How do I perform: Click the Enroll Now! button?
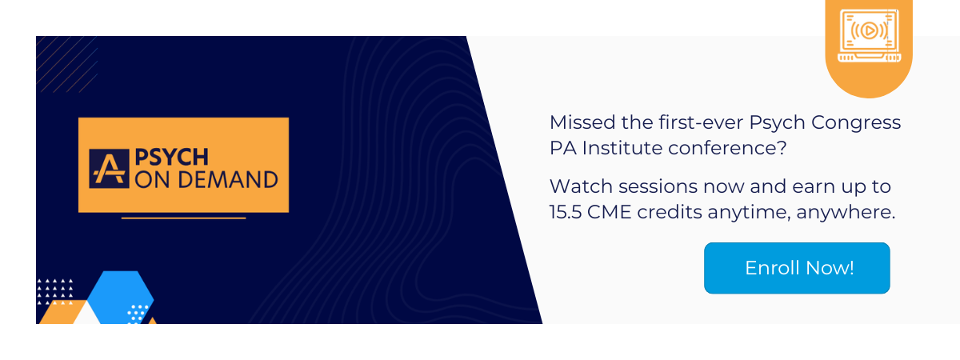point(797,268)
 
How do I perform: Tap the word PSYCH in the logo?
point(171,158)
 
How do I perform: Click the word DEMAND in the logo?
point(228,179)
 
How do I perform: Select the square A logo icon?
point(109,169)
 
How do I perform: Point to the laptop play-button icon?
point(869,35)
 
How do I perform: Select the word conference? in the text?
point(727,148)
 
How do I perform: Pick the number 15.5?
point(566,212)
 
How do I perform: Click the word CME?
point(609,212)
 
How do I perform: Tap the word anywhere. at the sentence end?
point(846,213)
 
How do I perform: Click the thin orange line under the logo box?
point(183,218)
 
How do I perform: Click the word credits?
point(669,212)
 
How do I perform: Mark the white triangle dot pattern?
point(55,291)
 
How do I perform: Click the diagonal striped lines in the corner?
point(67,64)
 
